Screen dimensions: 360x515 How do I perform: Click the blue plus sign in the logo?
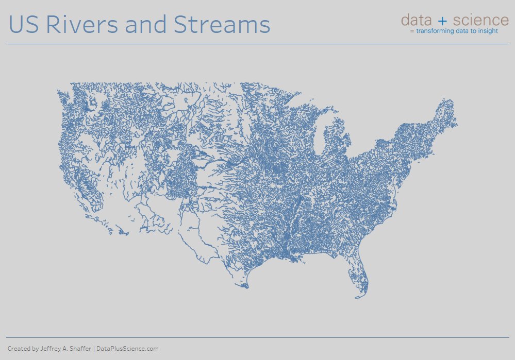[442, 21]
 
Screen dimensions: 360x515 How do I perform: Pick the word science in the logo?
[480, 20]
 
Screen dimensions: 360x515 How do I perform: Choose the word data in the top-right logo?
[417, 20]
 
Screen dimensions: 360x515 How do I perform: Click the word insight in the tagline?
[488, 31]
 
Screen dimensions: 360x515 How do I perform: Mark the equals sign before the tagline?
[412, 31]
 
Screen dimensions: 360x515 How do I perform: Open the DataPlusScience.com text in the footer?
[127, 349]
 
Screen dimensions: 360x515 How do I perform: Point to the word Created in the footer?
[18, 349]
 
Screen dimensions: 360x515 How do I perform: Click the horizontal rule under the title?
[258, 44]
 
